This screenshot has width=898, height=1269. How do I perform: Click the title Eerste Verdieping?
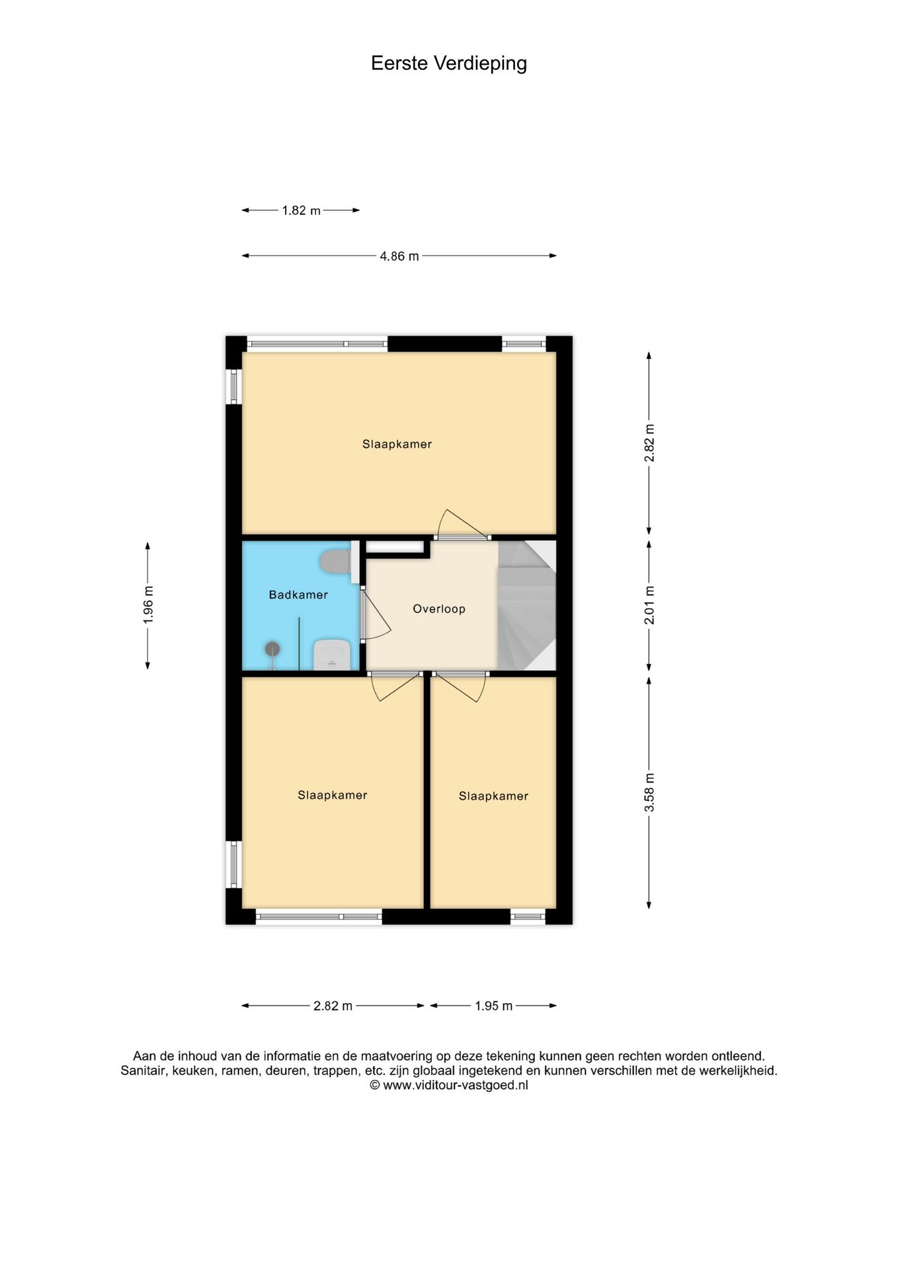(448, 63)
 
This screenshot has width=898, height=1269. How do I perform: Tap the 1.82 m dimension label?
(301, 211)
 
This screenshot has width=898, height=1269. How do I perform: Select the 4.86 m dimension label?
(399, 256)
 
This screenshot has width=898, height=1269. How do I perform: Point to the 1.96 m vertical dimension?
(148, 605)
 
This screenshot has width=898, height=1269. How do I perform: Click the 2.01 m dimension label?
(649, 605)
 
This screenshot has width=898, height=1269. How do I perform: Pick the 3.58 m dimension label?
(649, 792)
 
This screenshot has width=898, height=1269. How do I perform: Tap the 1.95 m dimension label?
(493, 1006)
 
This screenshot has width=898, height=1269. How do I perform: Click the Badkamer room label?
(298, 595)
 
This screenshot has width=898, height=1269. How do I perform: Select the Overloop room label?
(439, 609)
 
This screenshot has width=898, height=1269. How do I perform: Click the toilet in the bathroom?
(336, 562)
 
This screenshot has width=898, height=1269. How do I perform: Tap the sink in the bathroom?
(331, 654)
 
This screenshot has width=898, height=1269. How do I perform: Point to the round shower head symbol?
(272, 649)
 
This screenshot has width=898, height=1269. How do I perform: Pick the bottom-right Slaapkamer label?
(493, 796)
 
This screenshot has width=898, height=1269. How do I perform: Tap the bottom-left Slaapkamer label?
(332, 796)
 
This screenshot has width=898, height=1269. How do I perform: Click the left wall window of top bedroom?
(233, 387)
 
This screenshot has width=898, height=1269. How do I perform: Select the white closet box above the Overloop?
(395, 547)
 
